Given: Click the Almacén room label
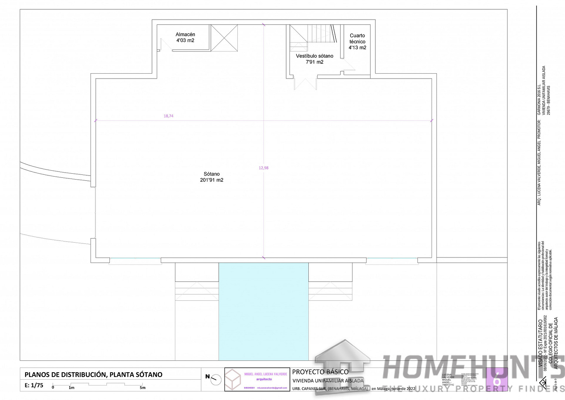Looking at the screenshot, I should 185,37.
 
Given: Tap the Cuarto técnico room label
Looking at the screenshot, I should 357,41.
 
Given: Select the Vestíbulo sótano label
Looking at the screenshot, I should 314,59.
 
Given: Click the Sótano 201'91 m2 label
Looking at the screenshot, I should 212,177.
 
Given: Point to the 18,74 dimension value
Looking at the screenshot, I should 169,116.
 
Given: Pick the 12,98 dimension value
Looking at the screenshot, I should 264,168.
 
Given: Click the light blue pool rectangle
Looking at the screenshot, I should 263,311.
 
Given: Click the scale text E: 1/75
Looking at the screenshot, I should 34,385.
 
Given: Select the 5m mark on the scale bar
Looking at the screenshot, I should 142,388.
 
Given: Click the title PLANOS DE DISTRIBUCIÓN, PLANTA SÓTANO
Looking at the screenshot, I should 94,374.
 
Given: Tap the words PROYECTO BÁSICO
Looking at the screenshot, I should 320,372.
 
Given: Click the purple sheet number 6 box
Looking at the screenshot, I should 497,379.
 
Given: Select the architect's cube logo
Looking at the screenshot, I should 233,380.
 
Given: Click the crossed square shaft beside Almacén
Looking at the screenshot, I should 224,38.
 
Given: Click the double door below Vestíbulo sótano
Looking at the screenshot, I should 305,83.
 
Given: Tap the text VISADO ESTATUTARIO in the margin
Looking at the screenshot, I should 540,343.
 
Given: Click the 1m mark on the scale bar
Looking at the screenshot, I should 71,388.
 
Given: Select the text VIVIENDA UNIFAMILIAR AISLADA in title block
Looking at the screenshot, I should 328,381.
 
